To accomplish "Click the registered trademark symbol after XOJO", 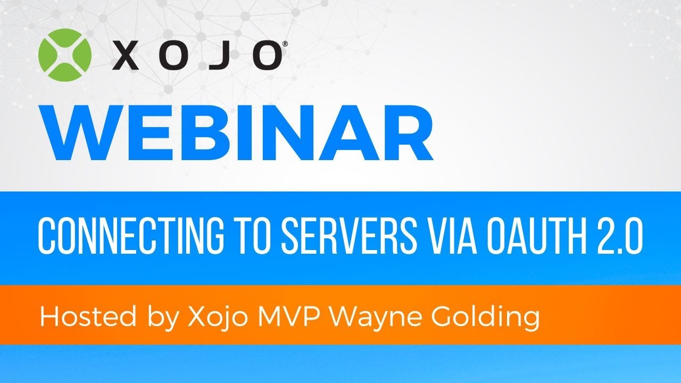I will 286,45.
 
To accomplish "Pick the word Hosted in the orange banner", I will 75,318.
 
